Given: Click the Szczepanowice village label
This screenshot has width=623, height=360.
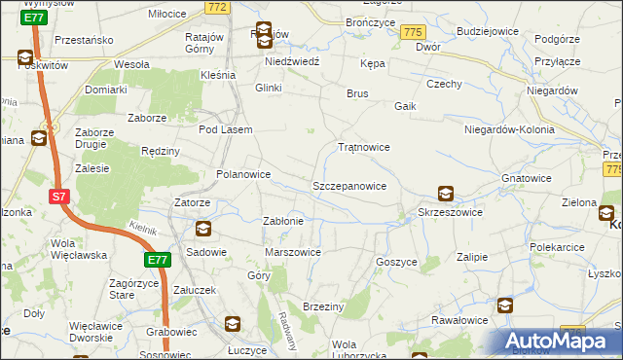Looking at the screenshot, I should pyautogui.click(x=349, y=185).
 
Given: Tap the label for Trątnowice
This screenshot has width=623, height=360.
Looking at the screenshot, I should pyautogui.click(x=363, y=148).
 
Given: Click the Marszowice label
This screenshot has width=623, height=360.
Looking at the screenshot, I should pyautogui.click(x=293, y=252).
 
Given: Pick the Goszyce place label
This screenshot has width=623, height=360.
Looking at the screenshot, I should pyautogui.click(x=396, y=262).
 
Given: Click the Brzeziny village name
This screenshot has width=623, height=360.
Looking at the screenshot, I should pyautogui.click(x=324, y=306).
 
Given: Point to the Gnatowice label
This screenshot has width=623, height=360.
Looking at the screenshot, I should pyautogui.click(x=528, y=179).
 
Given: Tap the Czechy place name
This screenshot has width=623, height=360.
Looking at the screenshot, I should pyautogui.click(x=443, y=84).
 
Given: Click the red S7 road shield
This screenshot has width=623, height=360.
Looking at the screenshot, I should pyautogui.click(x=59, y=197).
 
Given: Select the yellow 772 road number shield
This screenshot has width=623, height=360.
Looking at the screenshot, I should pyautogui.click(x=217, y=7).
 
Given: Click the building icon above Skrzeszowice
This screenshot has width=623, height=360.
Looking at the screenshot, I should pyautogui.click(x=445, y=194).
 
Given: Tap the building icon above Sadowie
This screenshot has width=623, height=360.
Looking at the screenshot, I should pyautogui.click(x=203, y=231).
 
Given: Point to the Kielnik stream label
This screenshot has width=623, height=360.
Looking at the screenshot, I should pyautogui.click(x=142, y=227).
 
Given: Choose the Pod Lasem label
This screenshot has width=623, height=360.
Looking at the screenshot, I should pyautogui.click(x=225, y=129).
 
